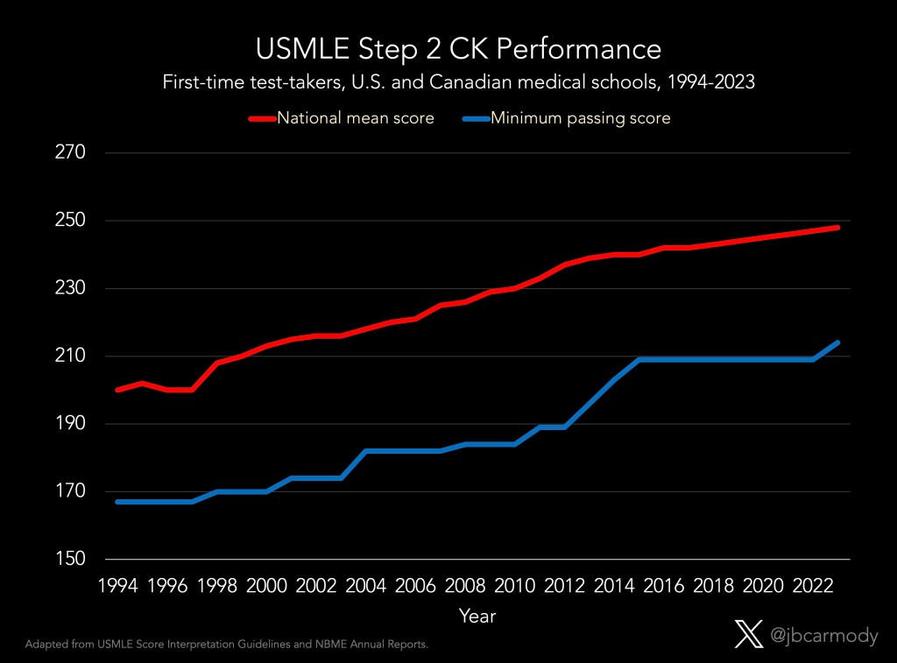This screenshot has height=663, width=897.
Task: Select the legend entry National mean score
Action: click(x=355, y=118)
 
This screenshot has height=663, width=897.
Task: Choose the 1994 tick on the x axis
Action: click(x=117, y=584)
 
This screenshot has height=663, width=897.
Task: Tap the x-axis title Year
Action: click(x=477, y=617)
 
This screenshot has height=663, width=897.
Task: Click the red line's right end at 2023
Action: click(x=838, y=227)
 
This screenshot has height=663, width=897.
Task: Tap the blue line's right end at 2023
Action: click(x=838, y=342)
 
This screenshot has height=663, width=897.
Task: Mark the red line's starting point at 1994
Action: click(x=117, y=390)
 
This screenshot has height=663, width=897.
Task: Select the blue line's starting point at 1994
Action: click(x=117, y=502)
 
